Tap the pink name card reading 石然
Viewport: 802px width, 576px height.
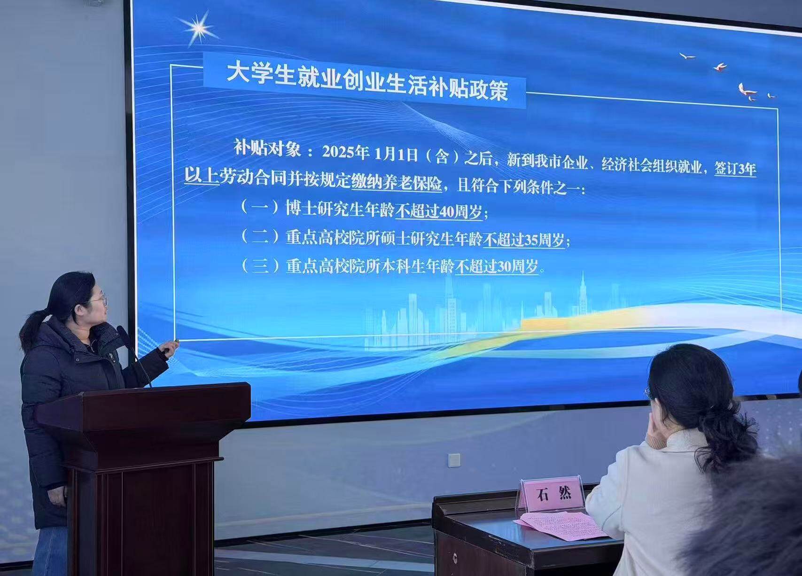pos(552,494)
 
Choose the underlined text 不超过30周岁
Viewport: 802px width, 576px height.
pos(497,267)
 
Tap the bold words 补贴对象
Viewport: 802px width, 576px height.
pos(267,148)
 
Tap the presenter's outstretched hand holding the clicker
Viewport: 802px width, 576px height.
pos(169,347)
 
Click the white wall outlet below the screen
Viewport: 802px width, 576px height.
pos(454,460)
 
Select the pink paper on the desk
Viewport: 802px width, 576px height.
pos(561,525)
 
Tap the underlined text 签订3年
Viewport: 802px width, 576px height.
pos(735,168)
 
